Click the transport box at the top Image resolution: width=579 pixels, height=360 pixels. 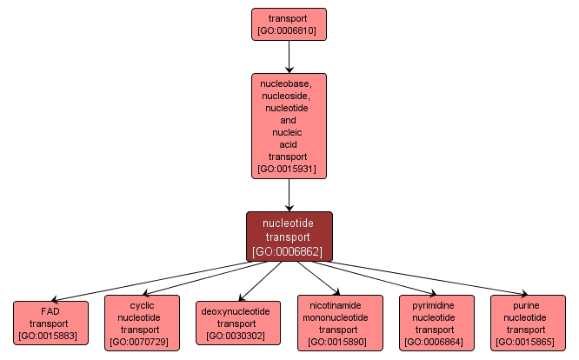pyautogui.click(x=289, y=24)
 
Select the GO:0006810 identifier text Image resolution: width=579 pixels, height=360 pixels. pyautogui.click(x=289, y=31)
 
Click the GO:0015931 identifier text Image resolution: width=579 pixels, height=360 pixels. pyautogui.click(x=289, y=170)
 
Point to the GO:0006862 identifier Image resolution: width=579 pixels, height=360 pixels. pyautogui.click(x=289, y=252)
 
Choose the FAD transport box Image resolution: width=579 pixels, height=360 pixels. pyautogui.click(x=50, y=322)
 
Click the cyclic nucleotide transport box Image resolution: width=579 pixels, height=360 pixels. pyautogui.click(x=142, y=323)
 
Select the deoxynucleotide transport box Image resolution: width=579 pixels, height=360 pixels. pyautogui.click(x=235, y=323)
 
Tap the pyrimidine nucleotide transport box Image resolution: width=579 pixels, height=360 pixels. pyautogui.click(x=436, y=323)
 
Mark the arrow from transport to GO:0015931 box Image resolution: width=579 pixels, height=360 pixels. pyautogui.click(x=289, y=57)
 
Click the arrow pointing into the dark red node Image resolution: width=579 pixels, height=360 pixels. pyautogui.click(x=289, y=195)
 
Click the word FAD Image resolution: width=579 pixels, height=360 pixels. pyautogui.click(x=50, y=310)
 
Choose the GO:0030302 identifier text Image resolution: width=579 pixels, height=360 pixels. pyautogui.click(x=235, y=335)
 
